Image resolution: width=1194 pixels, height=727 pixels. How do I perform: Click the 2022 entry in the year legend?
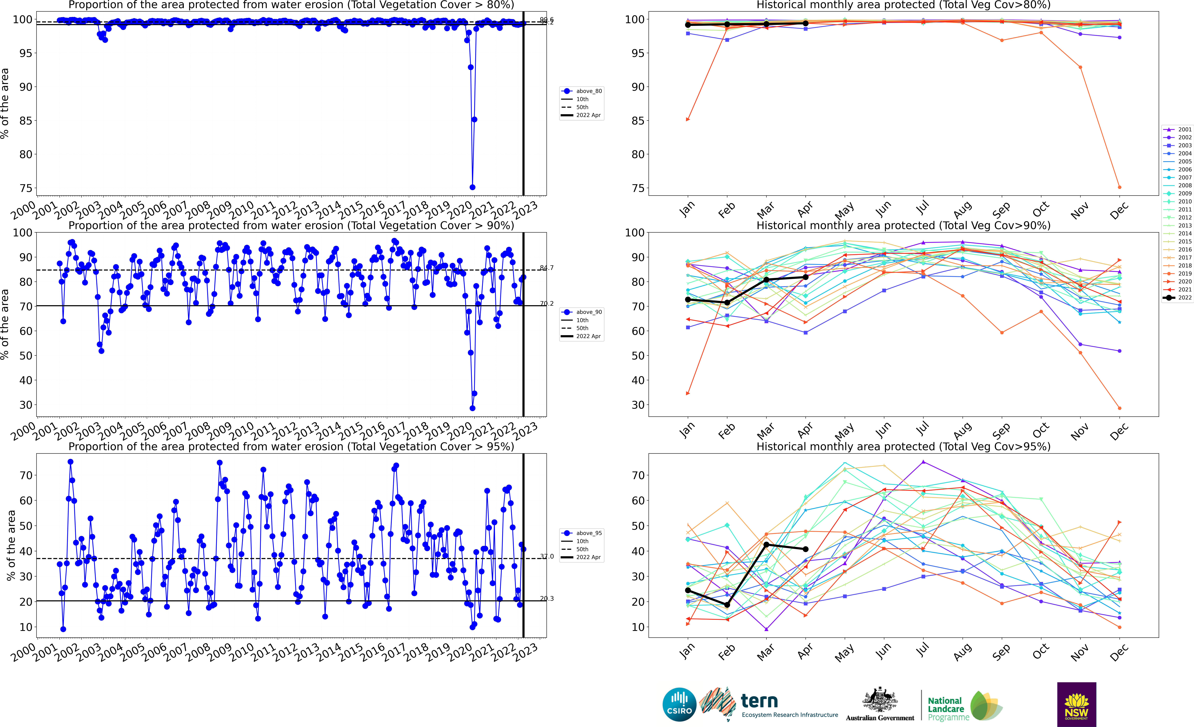[1178, 298]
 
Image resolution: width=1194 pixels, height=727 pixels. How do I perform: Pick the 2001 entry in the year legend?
[1178, 129]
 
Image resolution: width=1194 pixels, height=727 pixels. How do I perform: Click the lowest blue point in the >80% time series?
[472, 187]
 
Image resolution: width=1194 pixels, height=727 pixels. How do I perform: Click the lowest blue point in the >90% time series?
[472, 408]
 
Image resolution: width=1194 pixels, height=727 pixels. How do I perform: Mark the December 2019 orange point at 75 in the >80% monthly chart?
[1119, 187]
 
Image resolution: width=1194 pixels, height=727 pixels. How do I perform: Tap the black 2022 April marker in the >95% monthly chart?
[805, 549]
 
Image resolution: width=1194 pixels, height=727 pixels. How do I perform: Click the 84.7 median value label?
[547, 267]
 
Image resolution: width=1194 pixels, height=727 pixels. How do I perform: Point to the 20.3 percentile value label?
[547, 599]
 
